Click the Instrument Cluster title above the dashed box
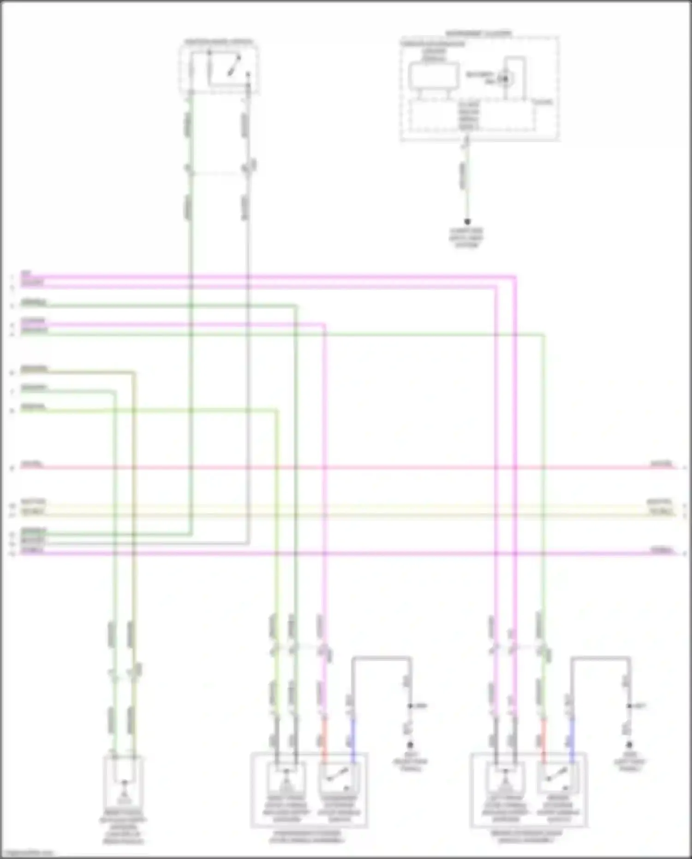[x=478, y=34]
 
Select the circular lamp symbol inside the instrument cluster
[x=505, y=79]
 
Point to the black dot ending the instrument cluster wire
[x=467, y=222]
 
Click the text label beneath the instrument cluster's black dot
[x=467, y=238]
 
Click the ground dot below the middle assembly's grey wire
[x=410, y=745]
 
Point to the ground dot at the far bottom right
[x=629, y=745]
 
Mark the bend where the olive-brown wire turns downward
[x=134, y=372]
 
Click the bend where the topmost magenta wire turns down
[x=514, y=277]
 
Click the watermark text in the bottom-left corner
[x=28, y=853]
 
